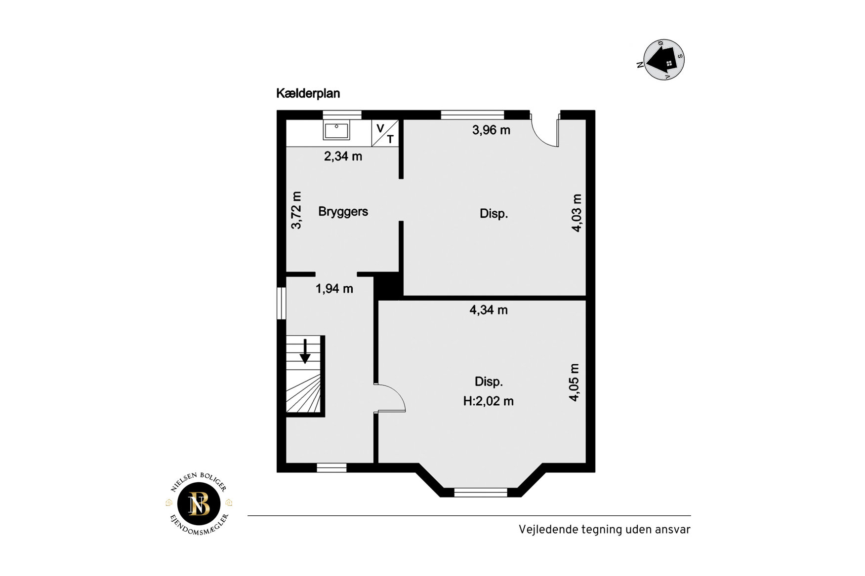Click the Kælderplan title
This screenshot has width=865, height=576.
point(308,93)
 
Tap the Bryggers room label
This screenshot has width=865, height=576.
point(343,212)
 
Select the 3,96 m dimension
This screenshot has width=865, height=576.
point(491,130)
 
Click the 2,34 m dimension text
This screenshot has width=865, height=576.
point(343,156)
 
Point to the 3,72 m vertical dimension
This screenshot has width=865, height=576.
point(296,210)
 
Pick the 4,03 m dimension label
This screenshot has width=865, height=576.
point(577,213)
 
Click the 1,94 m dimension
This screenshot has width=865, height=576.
point(334,289)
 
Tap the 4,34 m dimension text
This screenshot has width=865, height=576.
point(489,310)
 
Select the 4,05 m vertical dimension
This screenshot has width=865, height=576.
point(574,383)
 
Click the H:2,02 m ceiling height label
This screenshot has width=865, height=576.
point(488,401)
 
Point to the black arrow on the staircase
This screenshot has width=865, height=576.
point(305,351)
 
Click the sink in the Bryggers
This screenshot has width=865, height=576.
point(336,130)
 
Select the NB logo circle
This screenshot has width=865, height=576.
point(199,504)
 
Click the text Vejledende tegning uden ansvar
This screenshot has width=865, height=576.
point(604,530)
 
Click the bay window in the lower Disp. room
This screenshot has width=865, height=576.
point(481,492)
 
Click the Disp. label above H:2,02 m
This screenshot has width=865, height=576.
point(489,382)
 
